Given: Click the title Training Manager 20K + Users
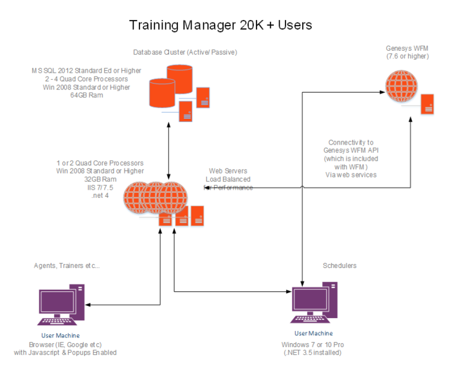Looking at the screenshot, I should (221, 25).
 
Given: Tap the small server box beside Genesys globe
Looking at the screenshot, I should (427, 104).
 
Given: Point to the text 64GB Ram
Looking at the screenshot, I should (87, 95).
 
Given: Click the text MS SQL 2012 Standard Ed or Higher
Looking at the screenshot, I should (87, 70).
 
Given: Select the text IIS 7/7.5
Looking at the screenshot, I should (100, 187).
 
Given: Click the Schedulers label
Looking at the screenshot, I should (339, 265).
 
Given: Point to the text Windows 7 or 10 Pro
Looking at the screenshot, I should (313, 345).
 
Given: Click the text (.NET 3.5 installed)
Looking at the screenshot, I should (313, 353).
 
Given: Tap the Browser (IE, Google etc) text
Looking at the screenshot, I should (66, 345).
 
